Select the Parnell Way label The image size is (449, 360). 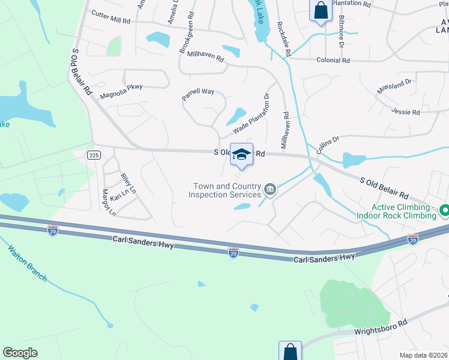pos(198,92)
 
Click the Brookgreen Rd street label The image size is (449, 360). pos(186,32)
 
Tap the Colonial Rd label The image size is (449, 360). pos(333,61)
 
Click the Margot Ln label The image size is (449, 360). pos(108,203)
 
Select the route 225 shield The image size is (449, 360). pos(93,155)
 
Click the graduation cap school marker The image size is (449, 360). pos(241,155)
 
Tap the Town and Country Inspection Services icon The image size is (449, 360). pos(270,190)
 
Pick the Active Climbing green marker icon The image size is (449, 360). pos(445,211)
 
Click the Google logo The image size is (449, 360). pos(20,353)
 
